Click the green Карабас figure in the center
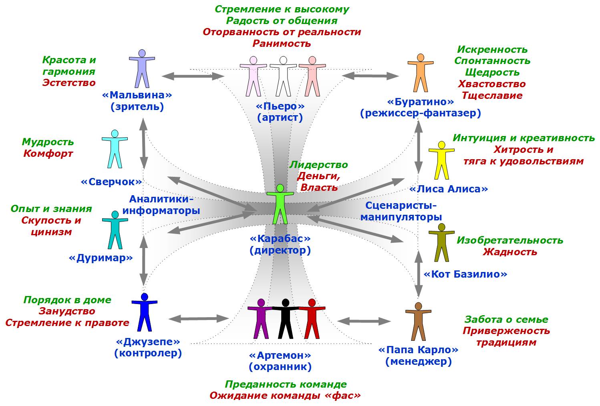[x=280, y=204]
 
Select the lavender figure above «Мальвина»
[x=141, y=68]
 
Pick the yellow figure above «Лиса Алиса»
[x=441, y=160]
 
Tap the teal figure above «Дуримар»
[x=115, y=230]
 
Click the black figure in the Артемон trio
[x=286, y=318]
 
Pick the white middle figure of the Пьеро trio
[x=283, y=76]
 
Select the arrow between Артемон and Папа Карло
[x=364, y=321]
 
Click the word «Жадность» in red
[x=509, y=252]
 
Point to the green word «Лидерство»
[x=318, y=165]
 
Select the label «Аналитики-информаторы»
[x=161, y=205]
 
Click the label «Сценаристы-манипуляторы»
[x=401, y=212]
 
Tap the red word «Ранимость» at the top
[x=282, y=43]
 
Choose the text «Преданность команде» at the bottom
[x=286, y=384]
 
